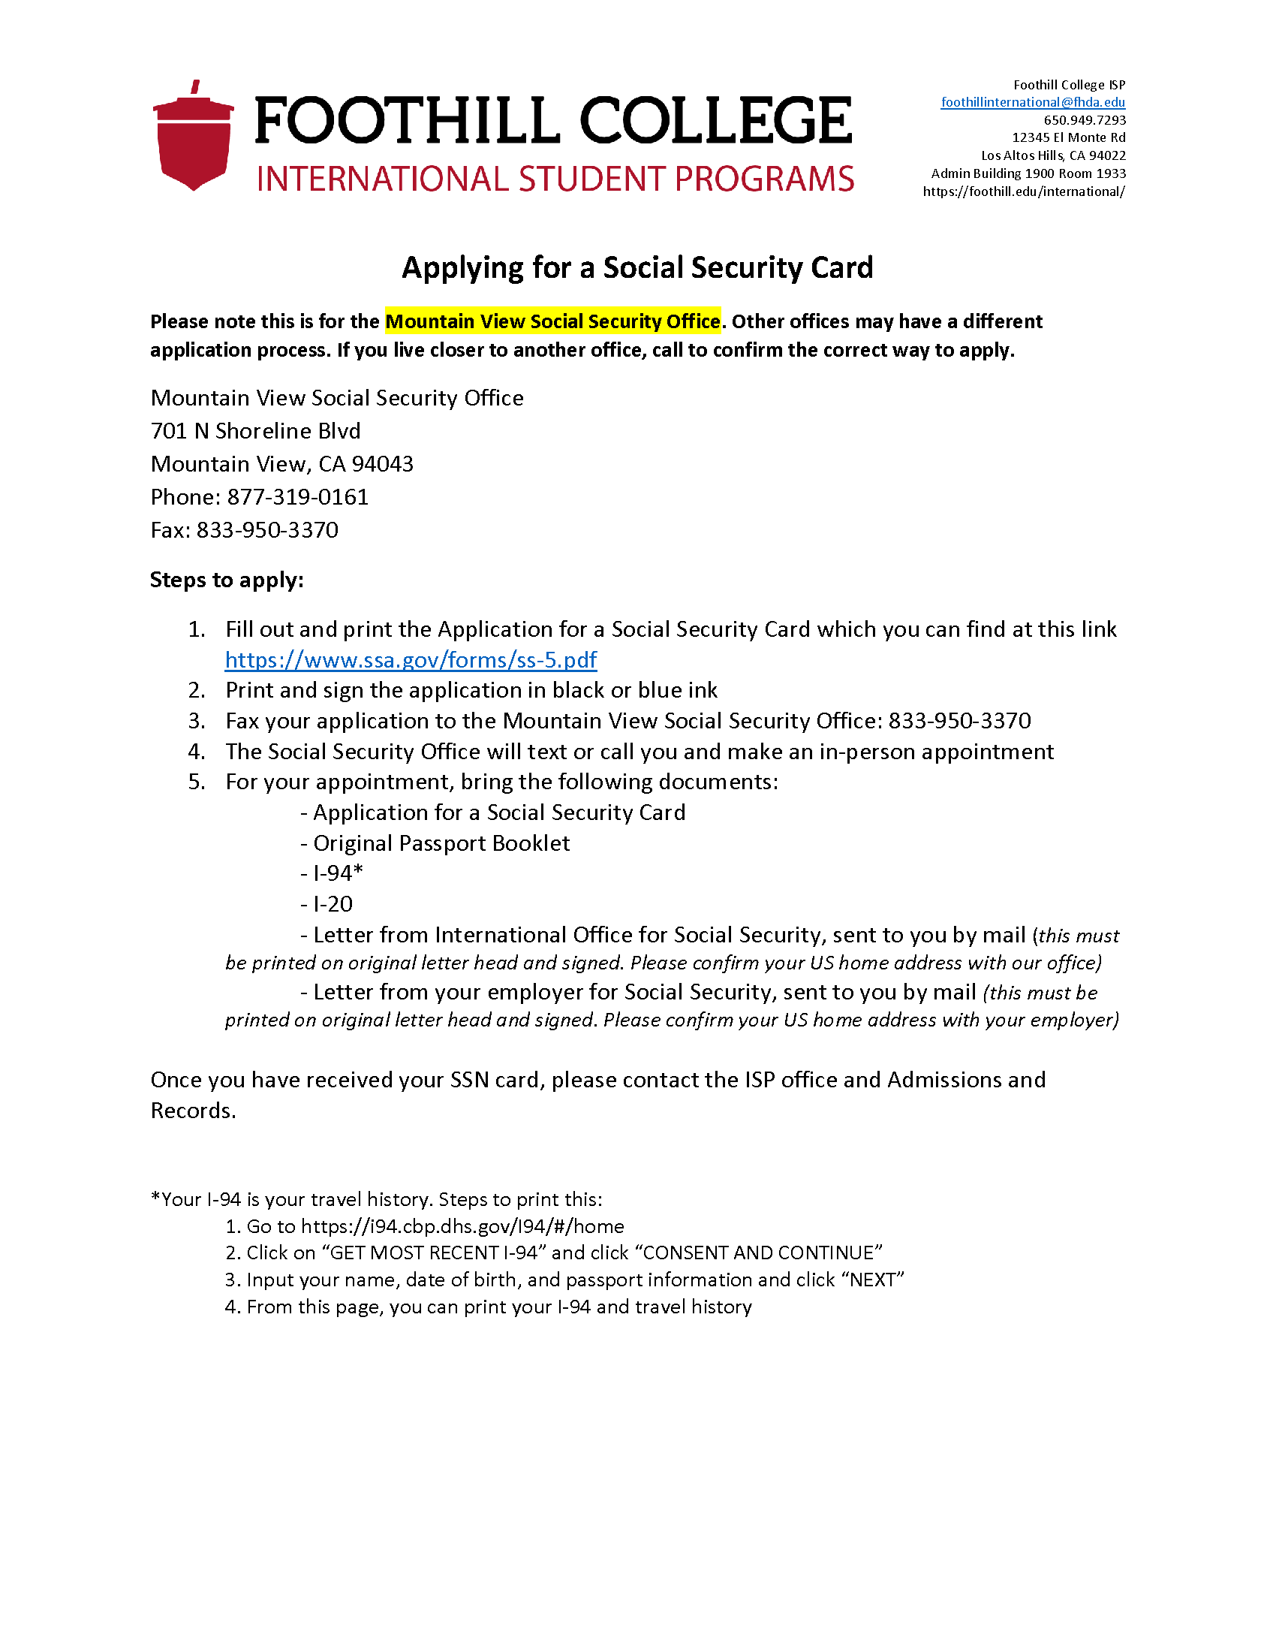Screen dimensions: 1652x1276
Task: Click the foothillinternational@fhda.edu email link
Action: point(1033,102)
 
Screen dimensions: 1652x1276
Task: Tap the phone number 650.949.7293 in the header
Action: point(1085,120)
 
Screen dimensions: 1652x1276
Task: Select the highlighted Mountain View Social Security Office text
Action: point(552,321)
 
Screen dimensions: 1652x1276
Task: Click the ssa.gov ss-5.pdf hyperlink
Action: point(411,660)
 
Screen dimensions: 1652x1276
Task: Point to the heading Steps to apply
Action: point(227,580)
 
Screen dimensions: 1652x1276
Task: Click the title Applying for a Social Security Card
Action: point(637,268)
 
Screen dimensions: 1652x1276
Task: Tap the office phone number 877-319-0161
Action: point(298,497)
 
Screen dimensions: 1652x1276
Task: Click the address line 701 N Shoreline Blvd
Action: point(255,431)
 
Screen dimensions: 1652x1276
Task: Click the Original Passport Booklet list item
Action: point(441,843)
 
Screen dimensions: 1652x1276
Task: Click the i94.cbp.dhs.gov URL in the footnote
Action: point(462,1226)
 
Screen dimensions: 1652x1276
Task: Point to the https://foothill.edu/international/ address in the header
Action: point(1024,191)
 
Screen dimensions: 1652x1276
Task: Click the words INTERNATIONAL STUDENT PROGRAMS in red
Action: point(555,179)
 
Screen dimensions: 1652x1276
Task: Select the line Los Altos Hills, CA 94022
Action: point(1053,156)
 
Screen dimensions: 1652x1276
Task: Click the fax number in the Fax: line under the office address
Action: point(268,530)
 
